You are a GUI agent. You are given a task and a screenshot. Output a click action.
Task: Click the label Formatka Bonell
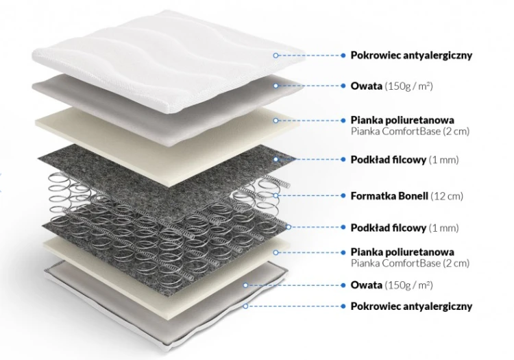coord(389,196)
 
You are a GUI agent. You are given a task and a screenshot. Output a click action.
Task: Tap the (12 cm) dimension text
coord(446,196)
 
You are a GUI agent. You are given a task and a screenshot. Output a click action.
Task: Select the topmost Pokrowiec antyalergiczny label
coord(411,56)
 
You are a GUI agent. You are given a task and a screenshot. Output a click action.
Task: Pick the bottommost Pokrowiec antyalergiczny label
coord(411,307)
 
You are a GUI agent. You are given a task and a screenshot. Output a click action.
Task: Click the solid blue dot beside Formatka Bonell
coord(343,195)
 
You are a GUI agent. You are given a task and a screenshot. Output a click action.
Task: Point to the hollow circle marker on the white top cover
coord(276,56)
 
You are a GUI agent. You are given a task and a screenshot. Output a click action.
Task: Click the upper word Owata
coord(366,86)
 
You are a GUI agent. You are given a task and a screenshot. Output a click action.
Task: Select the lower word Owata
coord(366,285)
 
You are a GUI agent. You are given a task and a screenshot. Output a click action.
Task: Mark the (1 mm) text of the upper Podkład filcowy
coord(443,160)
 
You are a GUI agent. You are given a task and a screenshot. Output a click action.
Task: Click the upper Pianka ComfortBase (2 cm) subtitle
coord(410,132)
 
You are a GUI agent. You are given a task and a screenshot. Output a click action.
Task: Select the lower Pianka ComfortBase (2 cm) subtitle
coord(410,263)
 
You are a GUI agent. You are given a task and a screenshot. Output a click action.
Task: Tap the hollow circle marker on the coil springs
coord(276,195)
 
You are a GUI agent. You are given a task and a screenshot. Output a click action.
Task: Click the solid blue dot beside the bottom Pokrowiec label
coord(343,307)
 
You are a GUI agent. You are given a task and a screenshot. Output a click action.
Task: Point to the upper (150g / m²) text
coord(408,86)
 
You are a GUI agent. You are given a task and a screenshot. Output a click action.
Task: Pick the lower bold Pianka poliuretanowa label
coord(402,252)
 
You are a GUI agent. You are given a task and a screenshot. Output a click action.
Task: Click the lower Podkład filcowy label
coord(389,228)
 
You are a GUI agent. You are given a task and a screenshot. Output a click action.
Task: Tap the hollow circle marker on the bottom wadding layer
coord(245,285)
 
